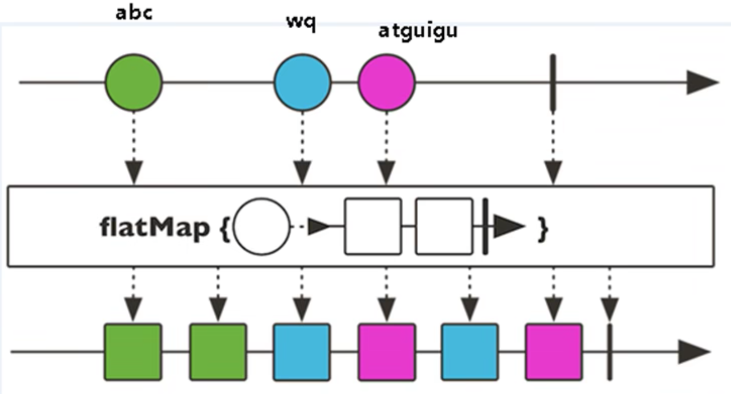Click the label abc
(134, 13)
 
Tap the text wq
(301, 22)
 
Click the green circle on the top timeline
(134, 83)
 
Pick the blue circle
(302, 83)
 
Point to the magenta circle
(387, 83)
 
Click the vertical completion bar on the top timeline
(553, 83)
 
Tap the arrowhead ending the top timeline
(702, 83)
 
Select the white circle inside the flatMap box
(261, 227)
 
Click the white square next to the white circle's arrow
(373, 226)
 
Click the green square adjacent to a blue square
(218, 352)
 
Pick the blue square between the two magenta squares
(470, 352)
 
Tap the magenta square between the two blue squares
(387, 352)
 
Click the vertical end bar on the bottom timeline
(609, 352)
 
